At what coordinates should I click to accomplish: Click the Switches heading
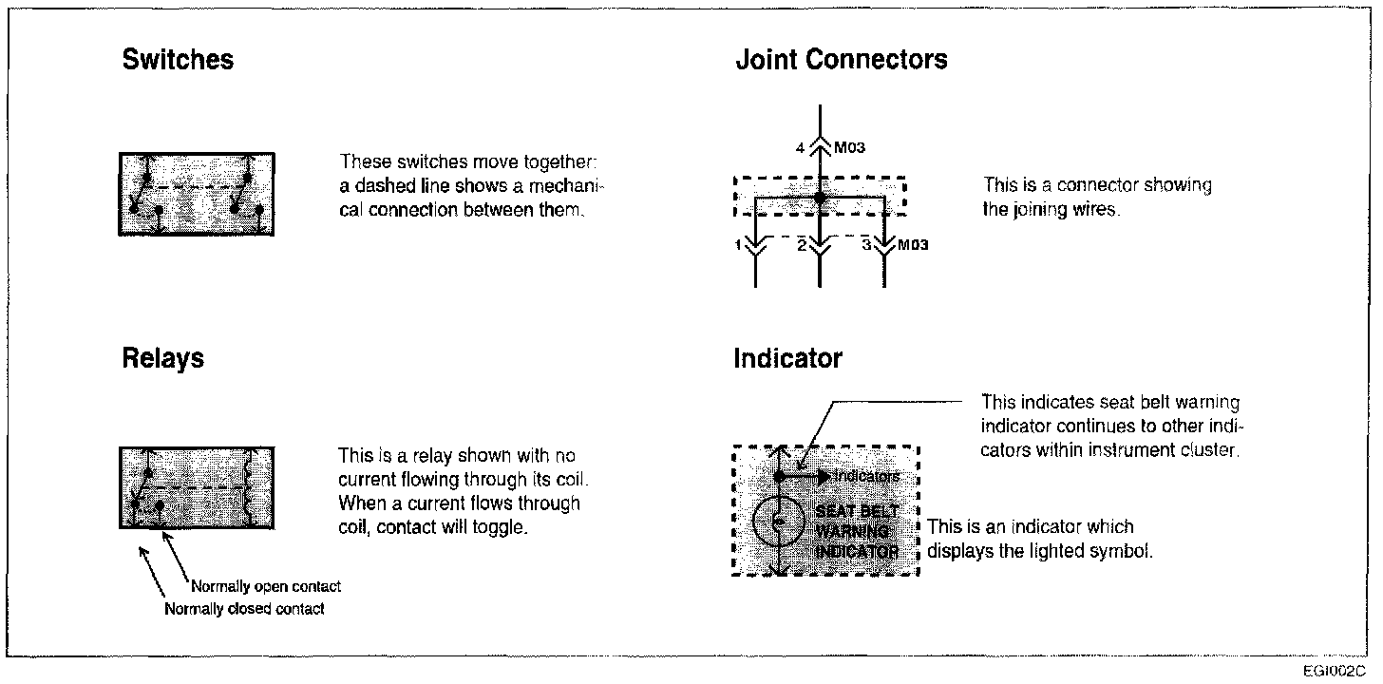178,60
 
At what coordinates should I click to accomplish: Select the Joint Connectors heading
841,60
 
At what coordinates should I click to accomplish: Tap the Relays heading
162,358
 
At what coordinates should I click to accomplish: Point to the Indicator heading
787,358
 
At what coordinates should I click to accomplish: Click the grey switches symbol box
197,194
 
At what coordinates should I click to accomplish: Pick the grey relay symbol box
197,486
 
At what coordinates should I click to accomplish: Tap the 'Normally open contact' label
266,586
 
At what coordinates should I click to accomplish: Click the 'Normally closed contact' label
244,609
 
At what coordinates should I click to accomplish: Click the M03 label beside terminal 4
851,147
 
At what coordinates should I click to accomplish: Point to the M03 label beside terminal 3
913,245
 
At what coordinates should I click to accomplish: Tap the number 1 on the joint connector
737,245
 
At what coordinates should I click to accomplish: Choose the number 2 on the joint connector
801,245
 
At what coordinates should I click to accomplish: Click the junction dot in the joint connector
819,199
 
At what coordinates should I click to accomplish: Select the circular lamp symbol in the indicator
779,520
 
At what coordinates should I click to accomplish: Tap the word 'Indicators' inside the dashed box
866,476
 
